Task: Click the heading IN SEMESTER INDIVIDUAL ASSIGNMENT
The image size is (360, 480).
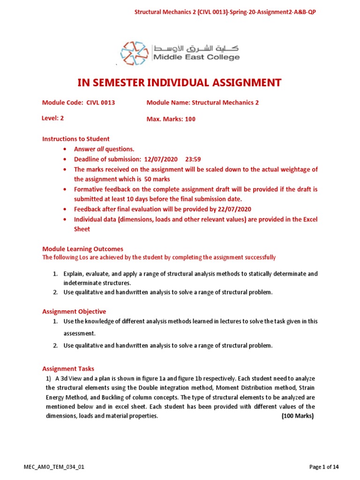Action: [180, 83]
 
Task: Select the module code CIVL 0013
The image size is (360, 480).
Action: [101, 103]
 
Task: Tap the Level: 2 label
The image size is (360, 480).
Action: [53, 119]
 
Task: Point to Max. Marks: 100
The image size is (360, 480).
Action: [171, 119]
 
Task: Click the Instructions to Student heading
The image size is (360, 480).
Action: [76, 139]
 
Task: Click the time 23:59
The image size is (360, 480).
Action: [193, 159]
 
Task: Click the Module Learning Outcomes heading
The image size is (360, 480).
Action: [82, 249]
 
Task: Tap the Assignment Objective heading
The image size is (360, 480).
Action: [74, 311]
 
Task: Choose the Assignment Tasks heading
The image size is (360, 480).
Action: [68, 369]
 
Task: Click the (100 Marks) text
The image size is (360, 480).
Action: [297, 416]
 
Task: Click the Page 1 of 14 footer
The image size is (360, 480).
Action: [324, 467]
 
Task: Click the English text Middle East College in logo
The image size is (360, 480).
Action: [196, 58]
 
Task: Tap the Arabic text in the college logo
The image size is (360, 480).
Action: [196, 48]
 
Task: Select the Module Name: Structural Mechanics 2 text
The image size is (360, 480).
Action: [202, 103]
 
